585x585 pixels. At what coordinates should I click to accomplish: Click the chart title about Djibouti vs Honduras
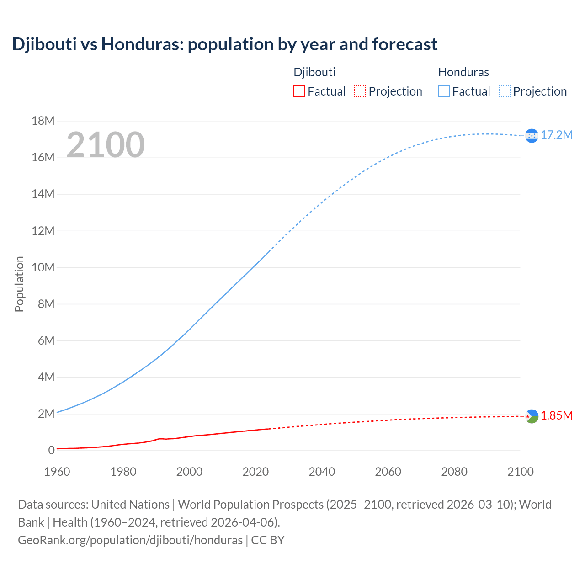coord(224,44)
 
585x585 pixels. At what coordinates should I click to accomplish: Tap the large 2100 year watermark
coord(106,145)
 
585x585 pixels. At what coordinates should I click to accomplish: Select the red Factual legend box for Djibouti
coord(299,91)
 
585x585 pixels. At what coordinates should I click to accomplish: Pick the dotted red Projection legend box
coord(360,91)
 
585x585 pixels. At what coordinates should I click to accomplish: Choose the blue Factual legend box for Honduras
coord(443,91)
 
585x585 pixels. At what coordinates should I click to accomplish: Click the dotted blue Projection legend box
coord(505,91)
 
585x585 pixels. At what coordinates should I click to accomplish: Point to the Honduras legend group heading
coord(463,72)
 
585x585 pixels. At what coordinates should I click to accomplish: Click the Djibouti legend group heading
coord(314,72)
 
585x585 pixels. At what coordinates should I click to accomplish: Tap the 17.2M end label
coord(556,135)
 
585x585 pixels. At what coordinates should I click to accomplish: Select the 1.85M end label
coord(556,415)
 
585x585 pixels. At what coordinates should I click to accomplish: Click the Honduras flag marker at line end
coord(532,136)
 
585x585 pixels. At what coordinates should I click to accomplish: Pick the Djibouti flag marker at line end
coord(532,416)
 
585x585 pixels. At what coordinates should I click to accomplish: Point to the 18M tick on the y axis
coord(43,121)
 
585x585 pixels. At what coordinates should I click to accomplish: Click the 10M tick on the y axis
coord(43,267)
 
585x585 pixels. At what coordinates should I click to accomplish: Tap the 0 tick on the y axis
coord(51,450)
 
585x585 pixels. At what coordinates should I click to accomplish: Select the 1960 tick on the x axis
coord(57,472)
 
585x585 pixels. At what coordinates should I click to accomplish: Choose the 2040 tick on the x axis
coord(322,472)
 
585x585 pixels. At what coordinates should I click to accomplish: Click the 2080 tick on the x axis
coord(454,472)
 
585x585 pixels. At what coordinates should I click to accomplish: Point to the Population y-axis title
coord(19,284)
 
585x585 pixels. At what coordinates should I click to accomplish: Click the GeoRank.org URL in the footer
coord(130,540)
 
